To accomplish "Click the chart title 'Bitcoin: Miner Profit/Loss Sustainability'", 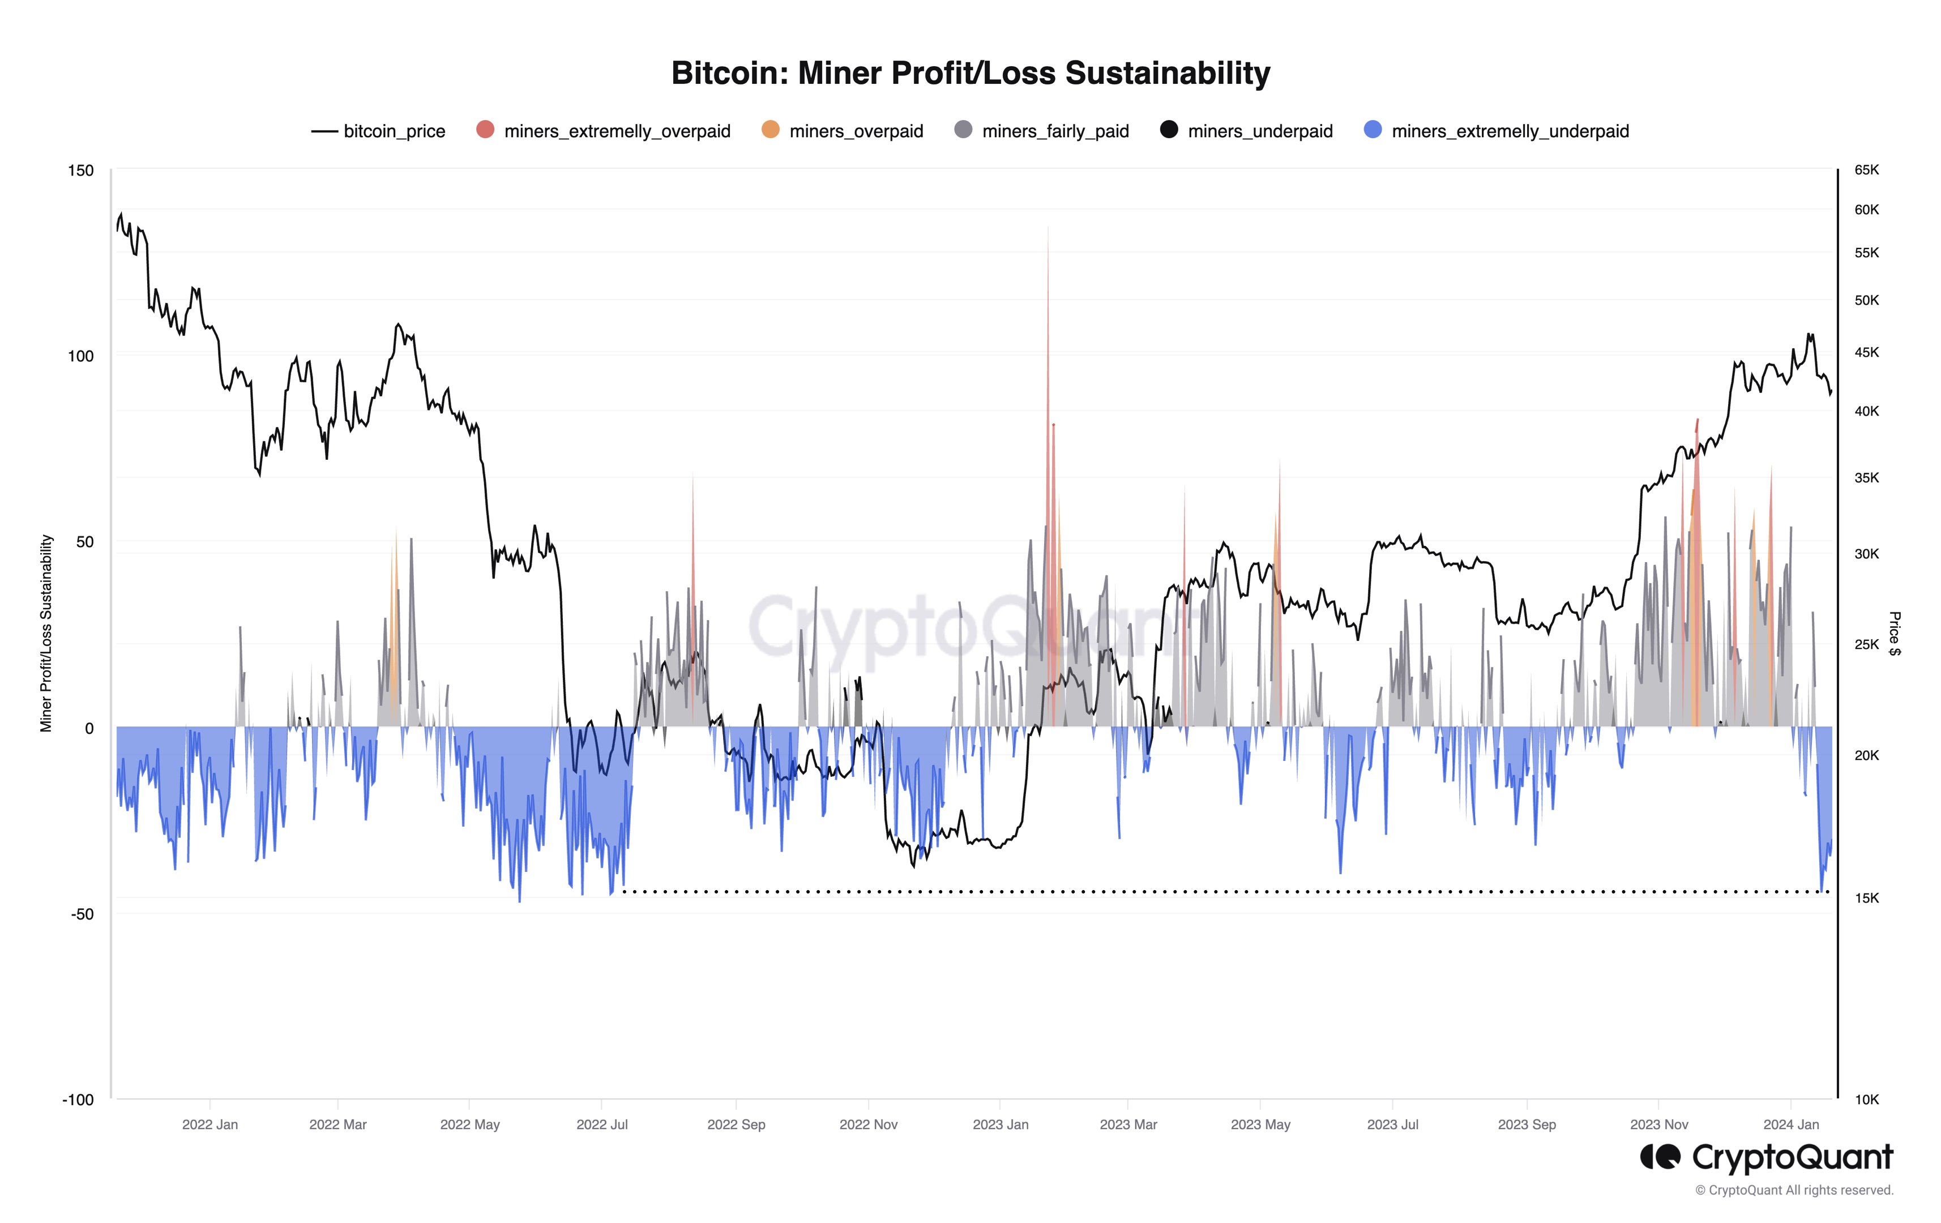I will pyautogui.click(x=970, y=74).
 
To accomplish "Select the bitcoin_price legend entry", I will pyautogui.click(x=378, y=131).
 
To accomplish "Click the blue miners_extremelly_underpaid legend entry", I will pyautogui.click(x=1496, y=131).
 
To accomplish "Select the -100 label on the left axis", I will pyautogui.click(x=78, y=1100).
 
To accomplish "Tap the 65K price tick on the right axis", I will pyautogui.click(x=1866, y=170).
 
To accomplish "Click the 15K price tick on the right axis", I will pyautogui.click(x=1866, y=898).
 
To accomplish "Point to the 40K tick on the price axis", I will pyautogui.click(x=1866, y=411).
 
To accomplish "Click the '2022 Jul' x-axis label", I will pyautogui.click(x=601, y=1124).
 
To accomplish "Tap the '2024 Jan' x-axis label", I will pyautogui.click(x=1790, y=1124).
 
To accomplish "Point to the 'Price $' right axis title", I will pyautogui.click(x=1894, y=634).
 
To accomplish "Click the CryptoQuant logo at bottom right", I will pyautogui.click(x=1765, y=1158).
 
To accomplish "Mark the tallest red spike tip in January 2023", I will pyautogui.click(x=1048, y=228).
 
